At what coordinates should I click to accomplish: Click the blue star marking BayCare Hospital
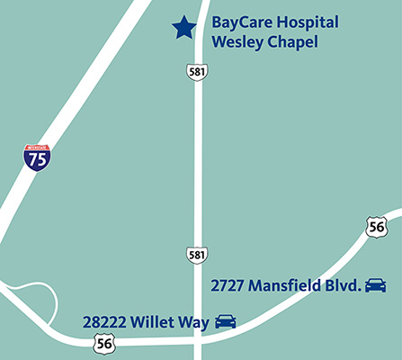tap(183, 28)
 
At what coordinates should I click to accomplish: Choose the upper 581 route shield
tap(197, 70)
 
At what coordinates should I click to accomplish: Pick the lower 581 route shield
tap(197, 255)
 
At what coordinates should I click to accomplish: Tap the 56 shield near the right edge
tap(377, 227)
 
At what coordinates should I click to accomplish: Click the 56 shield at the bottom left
tap(104, 341)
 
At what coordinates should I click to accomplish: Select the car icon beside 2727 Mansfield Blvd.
tap(375, 286)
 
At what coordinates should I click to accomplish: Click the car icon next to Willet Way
tap(226, 320)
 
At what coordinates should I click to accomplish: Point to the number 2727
tap(228, 286)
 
